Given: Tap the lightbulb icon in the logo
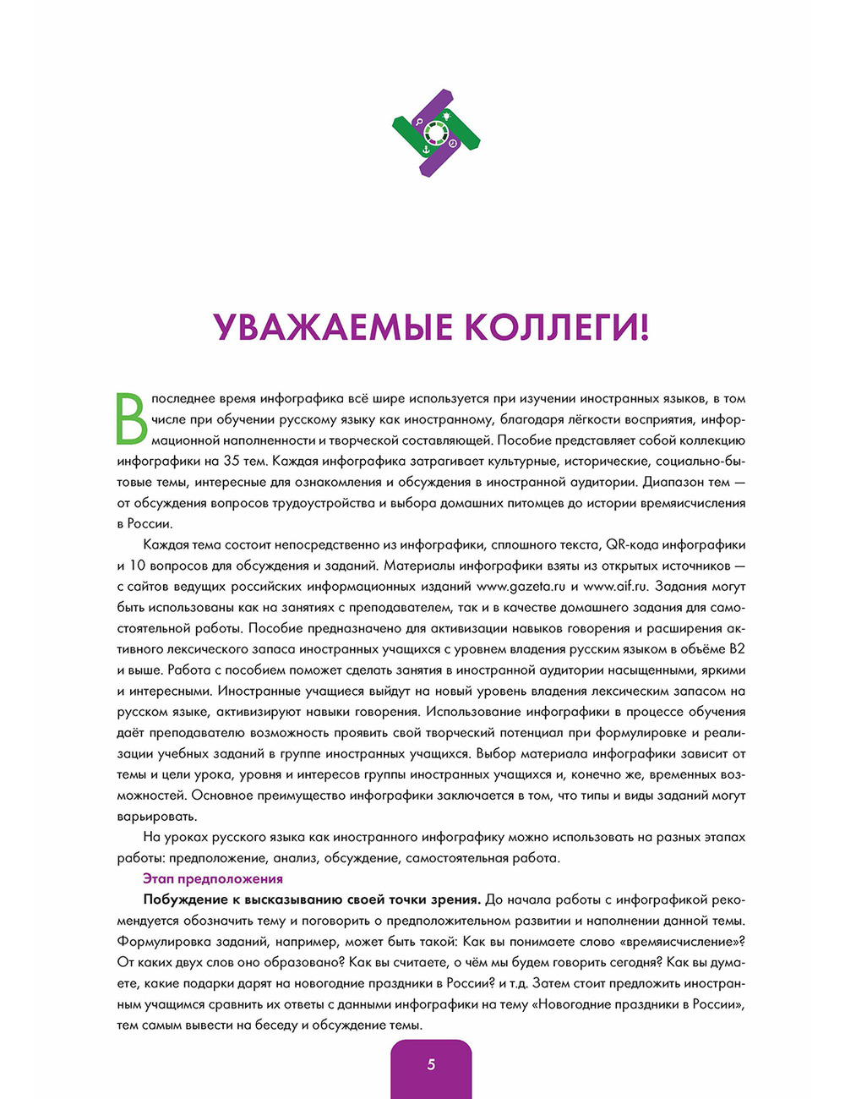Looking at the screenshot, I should point(446,114).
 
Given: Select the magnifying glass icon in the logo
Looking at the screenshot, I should point(417,122).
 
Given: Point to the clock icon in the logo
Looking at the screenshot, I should point(454,143).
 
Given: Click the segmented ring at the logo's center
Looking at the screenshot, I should point(436,132).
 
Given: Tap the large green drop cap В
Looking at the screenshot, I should point(131,418).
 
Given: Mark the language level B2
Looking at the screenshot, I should point(736,649).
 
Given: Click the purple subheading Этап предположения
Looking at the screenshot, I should point(213,879).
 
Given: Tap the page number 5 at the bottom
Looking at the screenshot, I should point(431,1064).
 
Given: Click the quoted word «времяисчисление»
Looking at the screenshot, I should point(680,942).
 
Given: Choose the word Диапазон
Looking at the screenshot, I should point(673,483).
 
